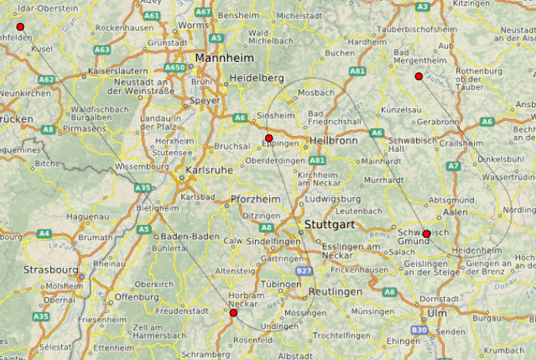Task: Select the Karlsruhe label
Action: click(209, 169)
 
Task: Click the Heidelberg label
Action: click(256, 78)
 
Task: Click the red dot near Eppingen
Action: click(269, 138)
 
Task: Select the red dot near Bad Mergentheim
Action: click(418, 76)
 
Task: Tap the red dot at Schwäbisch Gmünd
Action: click(426, 234)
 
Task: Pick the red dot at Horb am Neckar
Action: click(233, 313)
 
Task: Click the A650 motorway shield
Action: click(175, 68)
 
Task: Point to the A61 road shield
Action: click(152, 16)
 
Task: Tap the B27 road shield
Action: click(303, 271)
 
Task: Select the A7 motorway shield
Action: click(453, 166)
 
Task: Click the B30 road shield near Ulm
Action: click(418, 329)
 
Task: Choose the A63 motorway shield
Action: click(102, 49)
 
